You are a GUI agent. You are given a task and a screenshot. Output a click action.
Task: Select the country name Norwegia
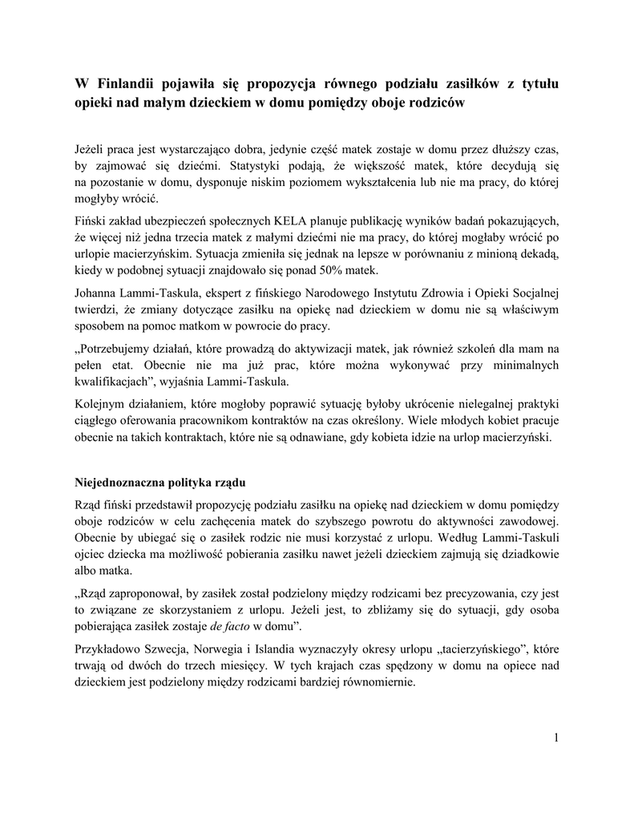coord(226,647)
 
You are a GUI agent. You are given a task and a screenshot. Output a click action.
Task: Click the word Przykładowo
coord(107,647)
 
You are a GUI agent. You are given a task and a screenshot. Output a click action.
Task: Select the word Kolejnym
coord(101,402)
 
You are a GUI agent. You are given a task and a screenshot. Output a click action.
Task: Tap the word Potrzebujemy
coord(123,349)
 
